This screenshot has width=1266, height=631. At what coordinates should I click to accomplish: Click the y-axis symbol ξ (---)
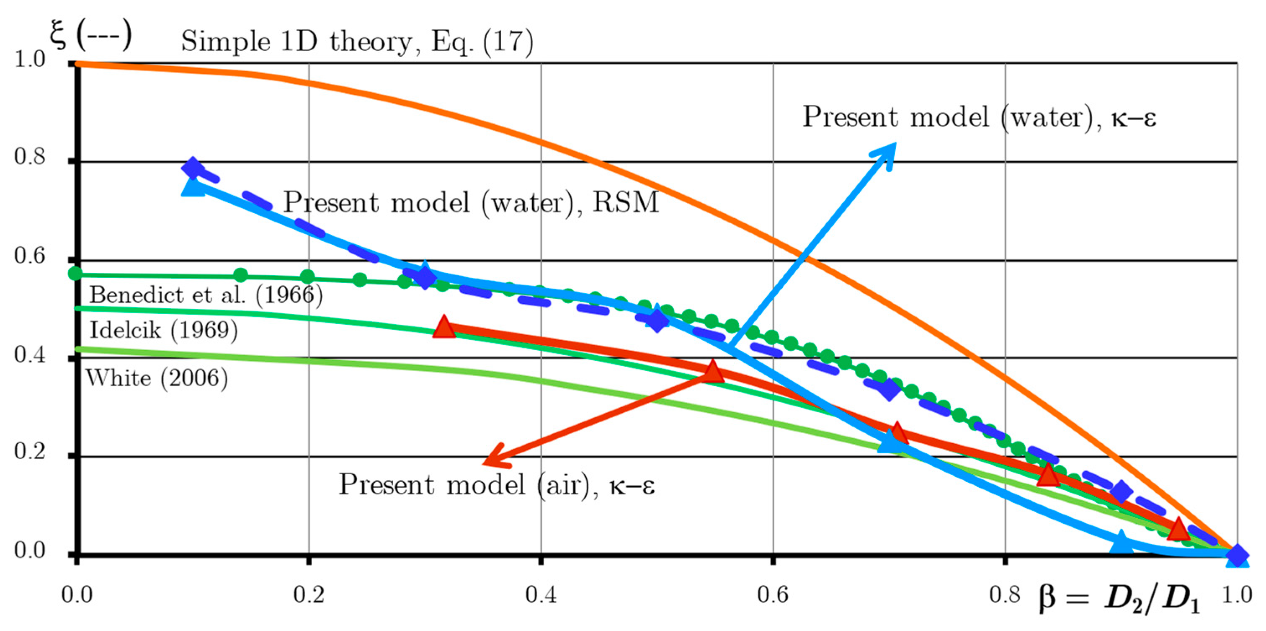91,36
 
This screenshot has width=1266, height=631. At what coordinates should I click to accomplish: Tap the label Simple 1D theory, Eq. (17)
357,41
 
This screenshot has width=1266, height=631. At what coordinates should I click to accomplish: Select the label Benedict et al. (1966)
206,295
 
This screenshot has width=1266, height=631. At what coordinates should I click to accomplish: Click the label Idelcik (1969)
164,329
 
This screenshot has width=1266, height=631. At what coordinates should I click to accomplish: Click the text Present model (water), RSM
471,202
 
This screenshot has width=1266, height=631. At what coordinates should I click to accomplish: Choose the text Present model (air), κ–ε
496,484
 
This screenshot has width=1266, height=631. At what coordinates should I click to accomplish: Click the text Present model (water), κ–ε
979,117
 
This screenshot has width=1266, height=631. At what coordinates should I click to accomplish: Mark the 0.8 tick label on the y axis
29,158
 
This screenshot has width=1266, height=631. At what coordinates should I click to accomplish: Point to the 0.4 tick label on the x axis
541,595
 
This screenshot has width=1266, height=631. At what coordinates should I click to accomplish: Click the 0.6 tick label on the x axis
773,595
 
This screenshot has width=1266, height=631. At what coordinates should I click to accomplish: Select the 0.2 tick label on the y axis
29,452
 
